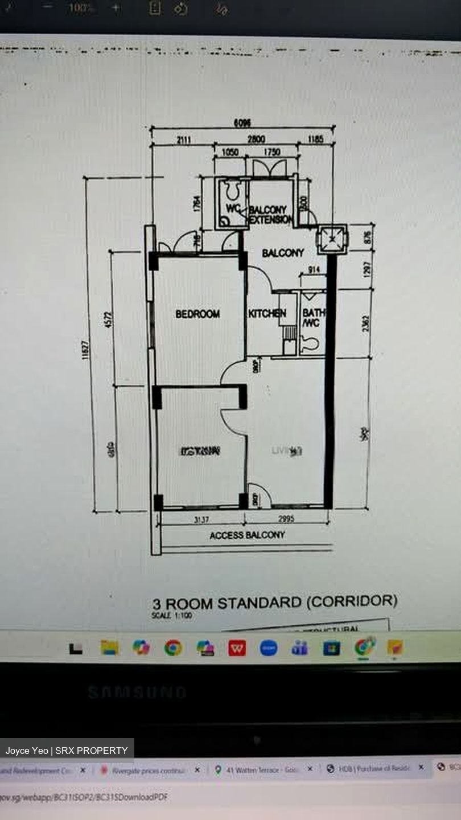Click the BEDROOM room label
click(197, 314)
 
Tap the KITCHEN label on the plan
click(267, 314)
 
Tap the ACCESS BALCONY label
click(247, 535)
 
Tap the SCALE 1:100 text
click(172, 616)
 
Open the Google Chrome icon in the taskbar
click(173, 647)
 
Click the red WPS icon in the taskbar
click(237, 647)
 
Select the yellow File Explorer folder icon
click(109, 647)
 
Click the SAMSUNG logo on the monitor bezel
click(137, 692)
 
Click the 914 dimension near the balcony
click(312, 271)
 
